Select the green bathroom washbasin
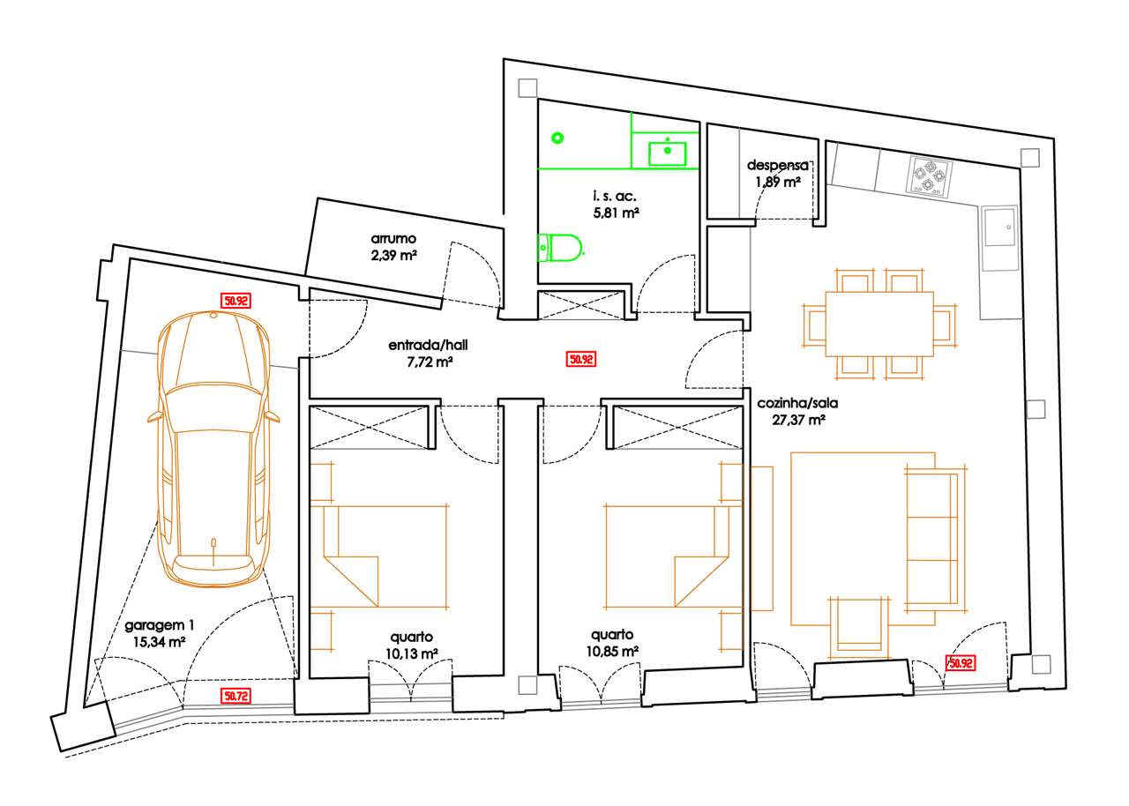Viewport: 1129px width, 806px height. pyautogui.click(x=668, y=153)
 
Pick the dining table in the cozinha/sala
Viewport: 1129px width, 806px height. pyautogui.click(x=879, y=324)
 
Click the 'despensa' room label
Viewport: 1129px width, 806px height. pyautogui.click(x=777, y=165)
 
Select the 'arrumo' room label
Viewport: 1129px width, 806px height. pyautogui.click(x=393, y=239)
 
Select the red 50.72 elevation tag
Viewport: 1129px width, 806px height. pyautogui.click(x=236, y=696)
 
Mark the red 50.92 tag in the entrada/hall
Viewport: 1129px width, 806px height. pyautogui.click(x=581, y=359)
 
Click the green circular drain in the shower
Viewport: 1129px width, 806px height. pyautogui.click(x=557, y=137)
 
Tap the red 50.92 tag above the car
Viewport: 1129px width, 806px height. pyautogui.click(x=236, y=301)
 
